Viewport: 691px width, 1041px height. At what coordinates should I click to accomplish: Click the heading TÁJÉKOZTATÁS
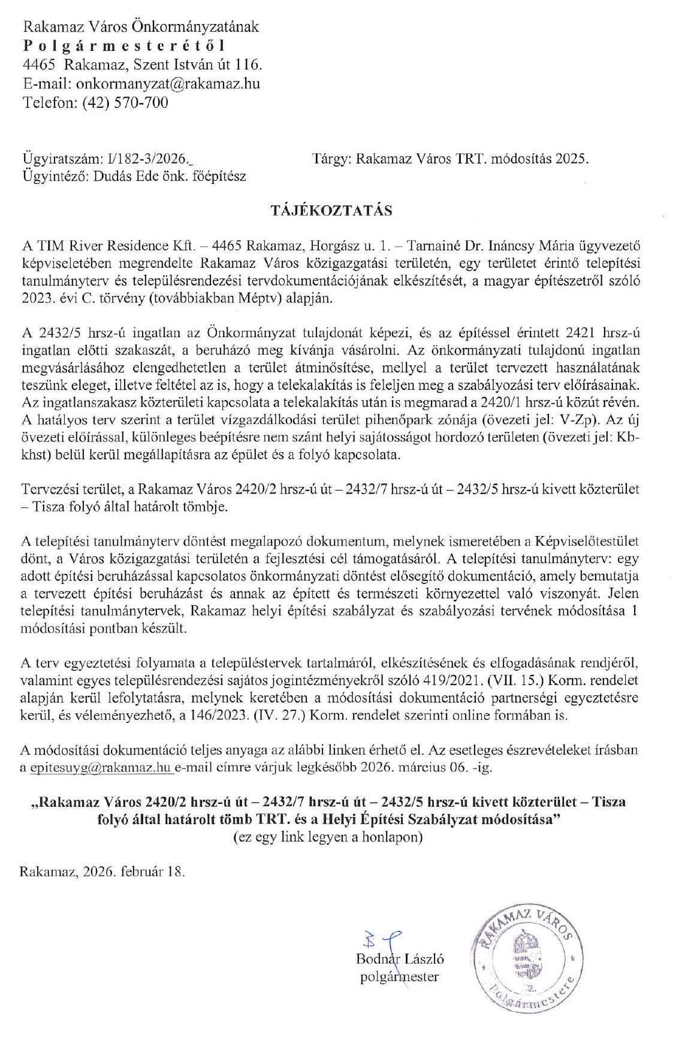click(x=331, y=210)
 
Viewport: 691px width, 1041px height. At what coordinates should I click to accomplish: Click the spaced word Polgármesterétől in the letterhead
click(x=125, y=46)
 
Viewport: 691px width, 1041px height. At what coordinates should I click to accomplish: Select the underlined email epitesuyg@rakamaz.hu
click(x=101, y=767)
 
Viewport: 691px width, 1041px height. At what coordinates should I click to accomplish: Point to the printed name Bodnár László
click(x=400, y=958)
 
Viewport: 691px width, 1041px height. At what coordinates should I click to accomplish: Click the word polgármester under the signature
click(x=399, y=977)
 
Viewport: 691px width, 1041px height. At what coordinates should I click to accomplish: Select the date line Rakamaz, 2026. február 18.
click(x=102, y=871)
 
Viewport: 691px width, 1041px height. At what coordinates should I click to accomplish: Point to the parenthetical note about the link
click(x=328, y=837)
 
